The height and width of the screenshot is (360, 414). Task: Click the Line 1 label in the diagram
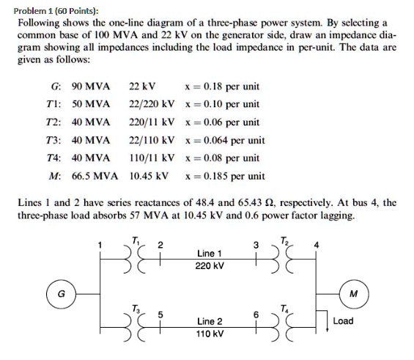[x=210, y=253]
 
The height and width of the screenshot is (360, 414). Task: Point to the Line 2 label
[x=210, y=321]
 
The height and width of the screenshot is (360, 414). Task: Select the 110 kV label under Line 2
[x=210, y=334]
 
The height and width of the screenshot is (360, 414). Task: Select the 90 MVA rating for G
[x=91, y=87]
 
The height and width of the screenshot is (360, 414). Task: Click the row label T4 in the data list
[x=49, y=158]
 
